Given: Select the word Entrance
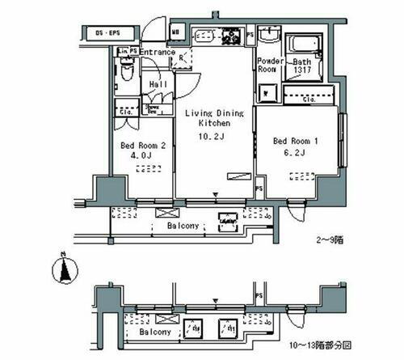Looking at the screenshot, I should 158,53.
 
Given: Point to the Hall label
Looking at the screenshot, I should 157,83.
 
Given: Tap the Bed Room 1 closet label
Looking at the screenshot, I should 309,100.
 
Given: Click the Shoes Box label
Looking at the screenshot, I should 151,108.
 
